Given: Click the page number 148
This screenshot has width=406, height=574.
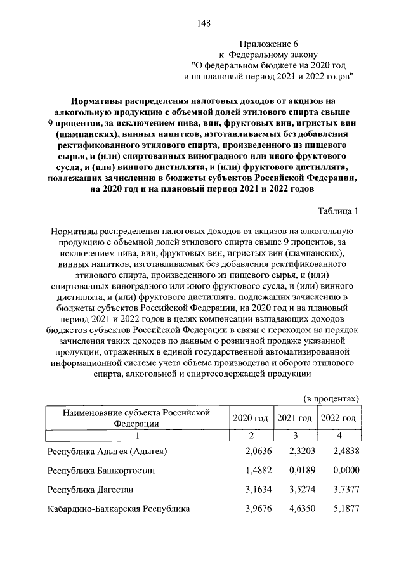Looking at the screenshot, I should click(204, 23).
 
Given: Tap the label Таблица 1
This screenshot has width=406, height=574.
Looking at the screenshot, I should click(338, 211).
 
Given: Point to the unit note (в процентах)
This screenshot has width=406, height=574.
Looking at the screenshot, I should click(331, 398).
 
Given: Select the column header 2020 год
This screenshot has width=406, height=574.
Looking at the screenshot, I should click(250, 419).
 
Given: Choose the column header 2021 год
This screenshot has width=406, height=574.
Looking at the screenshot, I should click(294, 419).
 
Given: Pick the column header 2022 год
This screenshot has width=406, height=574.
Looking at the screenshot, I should click(338, 419).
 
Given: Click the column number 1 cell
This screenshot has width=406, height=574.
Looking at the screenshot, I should click(135, 436).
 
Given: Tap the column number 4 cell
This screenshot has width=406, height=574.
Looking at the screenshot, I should click(338, 436).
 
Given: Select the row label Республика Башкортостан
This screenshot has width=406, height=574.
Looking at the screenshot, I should click(101, 471).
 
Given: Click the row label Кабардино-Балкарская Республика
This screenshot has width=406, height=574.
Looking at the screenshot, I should click(119, 509).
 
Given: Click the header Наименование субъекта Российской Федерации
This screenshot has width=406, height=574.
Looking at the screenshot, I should click(135, 419).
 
